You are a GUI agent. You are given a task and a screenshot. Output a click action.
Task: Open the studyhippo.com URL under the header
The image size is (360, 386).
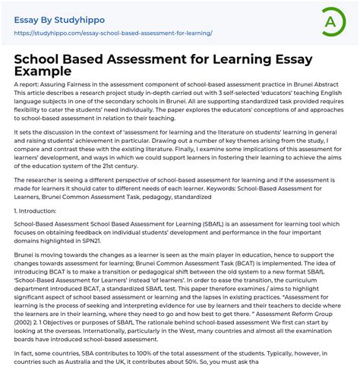(x=113, y=33)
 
